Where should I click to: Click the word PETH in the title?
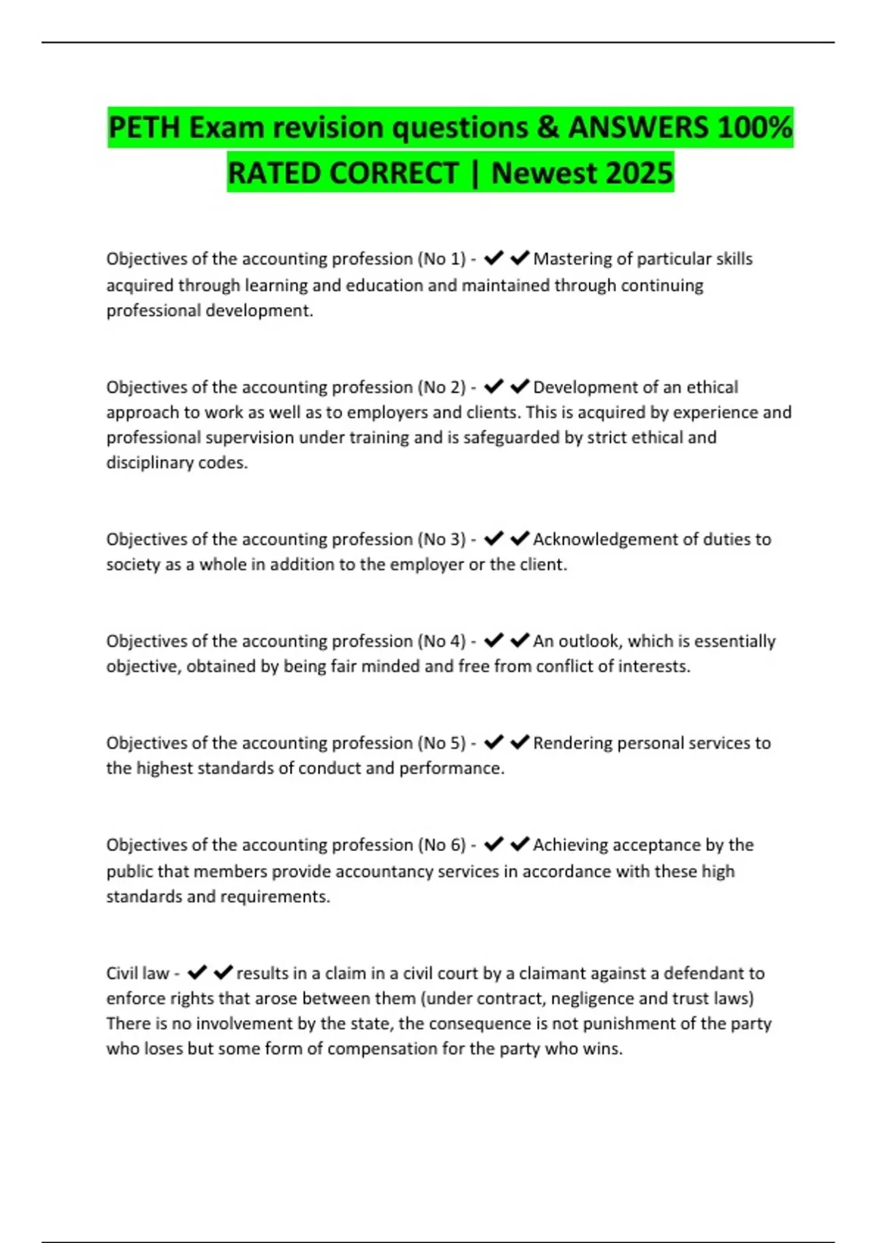(144, 127)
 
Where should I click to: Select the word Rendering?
(572, 743)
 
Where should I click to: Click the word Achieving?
(571, 845)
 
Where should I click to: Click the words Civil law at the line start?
(137, 973)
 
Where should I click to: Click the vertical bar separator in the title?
(475, 174)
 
